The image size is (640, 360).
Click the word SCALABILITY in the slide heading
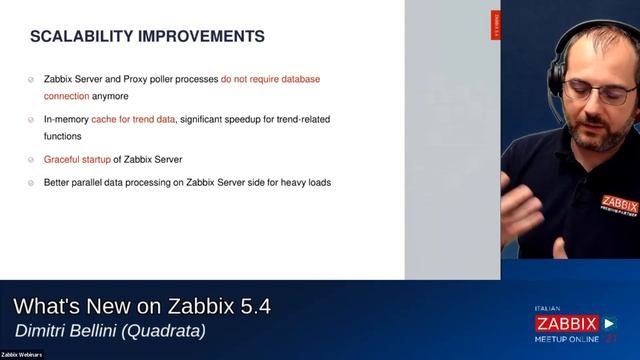(x=79, y=37)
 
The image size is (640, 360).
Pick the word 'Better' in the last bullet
(x=58, y=183)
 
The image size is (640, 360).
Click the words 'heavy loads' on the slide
(x=306, y=183)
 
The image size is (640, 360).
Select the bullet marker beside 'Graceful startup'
(x=33, y=160)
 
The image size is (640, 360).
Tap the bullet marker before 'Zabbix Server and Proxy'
(x=33, y=78)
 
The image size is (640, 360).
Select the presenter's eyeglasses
(x=600, y=92)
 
